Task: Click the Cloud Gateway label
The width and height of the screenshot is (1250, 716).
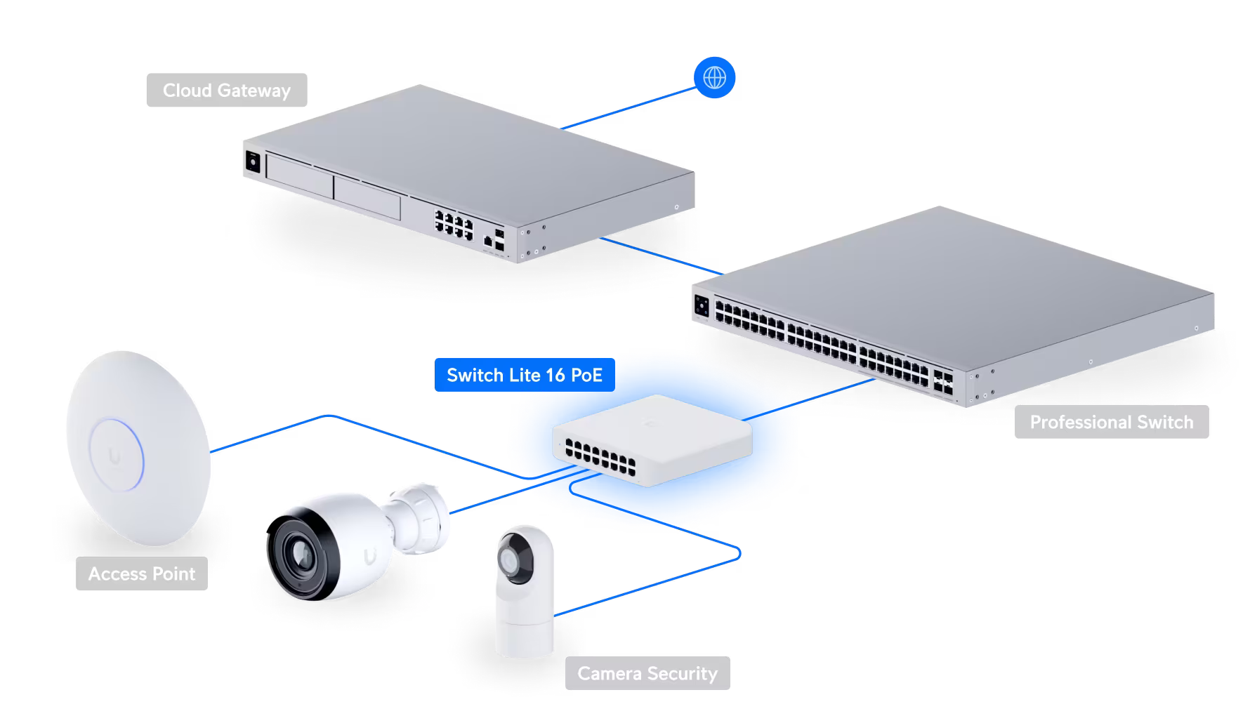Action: (226, 91)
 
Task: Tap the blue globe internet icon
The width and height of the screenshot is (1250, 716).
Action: (714, 77)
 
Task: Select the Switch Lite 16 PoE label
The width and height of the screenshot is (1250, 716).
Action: (524, 375)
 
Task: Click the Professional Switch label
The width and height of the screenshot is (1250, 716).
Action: (1111, 422)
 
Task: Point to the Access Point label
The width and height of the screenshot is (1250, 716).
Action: (141, 574)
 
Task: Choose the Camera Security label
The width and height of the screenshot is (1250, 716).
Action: (647, 673)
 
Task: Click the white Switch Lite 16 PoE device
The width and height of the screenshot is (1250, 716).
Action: (652, 439)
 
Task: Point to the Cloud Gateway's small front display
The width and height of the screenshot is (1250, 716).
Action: (251, 164)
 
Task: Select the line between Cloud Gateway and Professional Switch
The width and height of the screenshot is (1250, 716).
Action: (660, 256)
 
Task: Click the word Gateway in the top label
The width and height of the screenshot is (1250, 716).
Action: (254, 91)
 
